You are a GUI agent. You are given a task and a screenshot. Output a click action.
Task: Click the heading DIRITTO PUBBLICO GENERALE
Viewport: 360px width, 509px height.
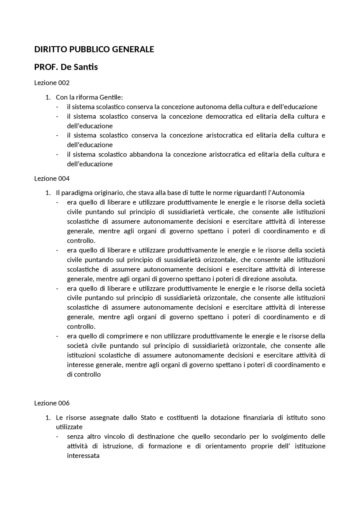pyautogui.click(x=94, y=49)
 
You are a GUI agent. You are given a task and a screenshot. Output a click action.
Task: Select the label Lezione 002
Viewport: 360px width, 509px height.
pyautogui.click(x=52, y=83)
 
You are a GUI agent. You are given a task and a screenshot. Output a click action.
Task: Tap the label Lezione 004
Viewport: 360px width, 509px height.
pyautogui.click(x=52, y=178)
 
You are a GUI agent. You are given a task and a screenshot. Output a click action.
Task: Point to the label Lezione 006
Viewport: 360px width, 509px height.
pyautogui.click(x=52, y=403)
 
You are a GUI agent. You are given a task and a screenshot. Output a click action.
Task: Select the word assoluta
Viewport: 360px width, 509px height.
pyautogui.click(x=284, y=279)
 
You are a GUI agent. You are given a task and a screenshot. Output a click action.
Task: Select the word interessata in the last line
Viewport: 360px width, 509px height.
pyautogui.click(x=83, y=456)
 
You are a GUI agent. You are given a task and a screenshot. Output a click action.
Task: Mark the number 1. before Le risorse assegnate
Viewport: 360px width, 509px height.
pyautogui.click(x=48, y=417)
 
